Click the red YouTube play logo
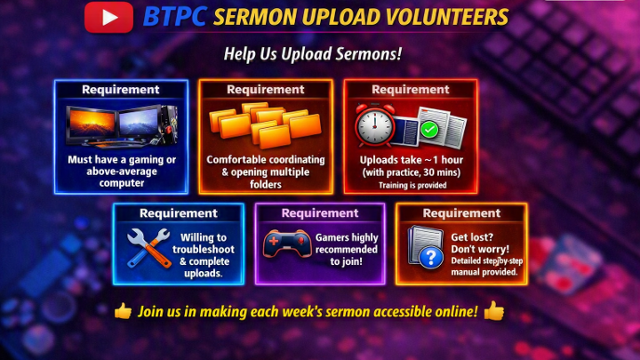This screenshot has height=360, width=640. point(108,17)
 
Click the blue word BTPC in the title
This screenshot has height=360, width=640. point(174,17)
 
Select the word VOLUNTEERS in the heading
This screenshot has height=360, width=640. point(446,17)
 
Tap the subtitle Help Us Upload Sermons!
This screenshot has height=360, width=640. point(313,54)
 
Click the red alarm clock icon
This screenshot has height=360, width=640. point(374,124)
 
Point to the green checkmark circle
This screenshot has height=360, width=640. point(429,130)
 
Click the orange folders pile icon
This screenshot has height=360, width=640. point(265,124)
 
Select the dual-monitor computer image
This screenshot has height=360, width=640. point(122,126)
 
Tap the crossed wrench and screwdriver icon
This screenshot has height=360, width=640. point(148,248)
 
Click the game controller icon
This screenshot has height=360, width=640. point(287,244)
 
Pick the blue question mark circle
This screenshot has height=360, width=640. point(431,257)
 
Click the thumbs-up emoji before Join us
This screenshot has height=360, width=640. point(123,311)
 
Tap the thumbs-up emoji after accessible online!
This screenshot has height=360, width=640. point(494,310)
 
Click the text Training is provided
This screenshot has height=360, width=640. point(412,185)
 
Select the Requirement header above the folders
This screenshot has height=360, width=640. point(266,90)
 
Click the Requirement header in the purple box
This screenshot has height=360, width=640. point(320,213)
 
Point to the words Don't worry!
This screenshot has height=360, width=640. point(480,249)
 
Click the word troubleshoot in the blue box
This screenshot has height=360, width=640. point(204,250)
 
